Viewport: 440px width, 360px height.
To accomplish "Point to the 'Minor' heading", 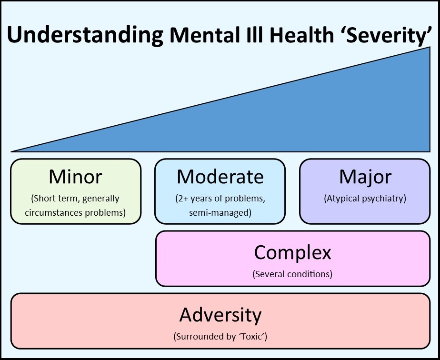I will click(75, 177).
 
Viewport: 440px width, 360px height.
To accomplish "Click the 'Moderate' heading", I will click(220, 177).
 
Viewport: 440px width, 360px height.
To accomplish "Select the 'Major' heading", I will click(365, 177).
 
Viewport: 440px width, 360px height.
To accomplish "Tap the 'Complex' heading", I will click(292, 252).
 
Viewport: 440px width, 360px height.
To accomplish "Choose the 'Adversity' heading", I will click(220, 315).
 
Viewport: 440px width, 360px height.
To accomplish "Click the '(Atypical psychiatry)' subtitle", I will click(365, 199).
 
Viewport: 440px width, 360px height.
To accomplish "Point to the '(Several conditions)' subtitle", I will click(292, 274).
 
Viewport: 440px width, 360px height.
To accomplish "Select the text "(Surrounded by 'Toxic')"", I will click(220, 337).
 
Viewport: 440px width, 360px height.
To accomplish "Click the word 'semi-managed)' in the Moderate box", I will click(220, 213).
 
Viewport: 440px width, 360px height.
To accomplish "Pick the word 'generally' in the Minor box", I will click(100, 199).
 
